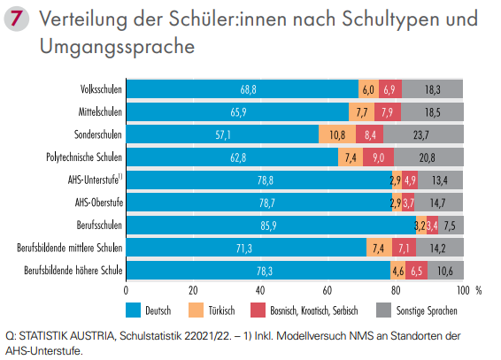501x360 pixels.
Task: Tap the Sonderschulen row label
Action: coord(98,134)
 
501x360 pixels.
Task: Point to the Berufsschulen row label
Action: coord(99,225)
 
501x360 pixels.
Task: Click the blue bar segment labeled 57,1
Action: coord(222,134)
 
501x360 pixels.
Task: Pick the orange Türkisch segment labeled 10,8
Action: coord(337,134)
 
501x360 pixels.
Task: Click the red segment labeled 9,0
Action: coord(377,157)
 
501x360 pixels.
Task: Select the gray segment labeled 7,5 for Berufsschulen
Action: coord(451,226)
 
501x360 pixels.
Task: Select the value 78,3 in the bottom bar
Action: coord(258,270)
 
